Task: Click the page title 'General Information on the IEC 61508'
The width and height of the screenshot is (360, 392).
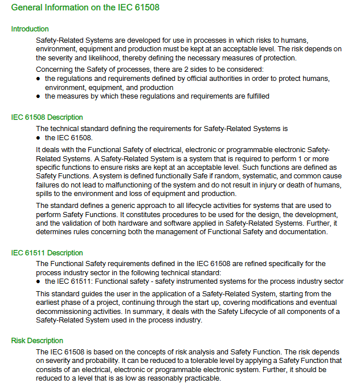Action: pyautogui.click(x=85, y=8)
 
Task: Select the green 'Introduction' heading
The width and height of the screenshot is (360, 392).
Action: pyautogui.click(x=30, y=29)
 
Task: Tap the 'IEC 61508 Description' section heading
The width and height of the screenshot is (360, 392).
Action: pyautogui.click(x=47, y=117)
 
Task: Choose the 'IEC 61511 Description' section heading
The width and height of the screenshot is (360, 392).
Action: pyautogui.click(x=47, y=253)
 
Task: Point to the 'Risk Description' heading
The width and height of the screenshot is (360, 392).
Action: pyautogui.click(x=37, y=341)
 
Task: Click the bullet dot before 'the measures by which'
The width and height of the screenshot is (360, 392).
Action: pyautogui.click(x=38, y=96)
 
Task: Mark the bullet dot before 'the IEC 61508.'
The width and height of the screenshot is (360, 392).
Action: pyautogui.click(x=38, y=138)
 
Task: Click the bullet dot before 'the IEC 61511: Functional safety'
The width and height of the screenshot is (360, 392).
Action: pyautogui.click(x=38, y=281)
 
